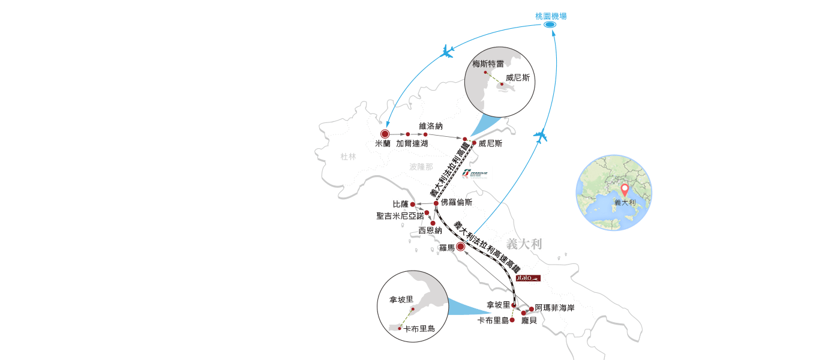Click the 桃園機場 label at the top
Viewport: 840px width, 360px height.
[x=551, y=16]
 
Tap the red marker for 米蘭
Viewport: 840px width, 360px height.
[x=385, y=134]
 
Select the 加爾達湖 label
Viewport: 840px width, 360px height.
[x=412, y=144]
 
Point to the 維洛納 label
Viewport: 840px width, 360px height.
[x=431, y=126]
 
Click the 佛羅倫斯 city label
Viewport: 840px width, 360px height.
[x=456, y=202]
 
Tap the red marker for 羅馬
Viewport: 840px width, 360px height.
[x=460, y=247]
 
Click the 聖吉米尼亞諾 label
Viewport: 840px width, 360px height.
[x=399, y=215]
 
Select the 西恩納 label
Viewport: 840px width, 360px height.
[x=430, y=230]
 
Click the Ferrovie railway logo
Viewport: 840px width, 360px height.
[x=477, y=173]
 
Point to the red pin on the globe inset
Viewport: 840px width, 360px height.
[x=625, y=190]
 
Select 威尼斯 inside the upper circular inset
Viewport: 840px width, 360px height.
[x=518, y=77]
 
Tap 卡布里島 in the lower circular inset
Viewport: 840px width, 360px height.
[x=419, y=328]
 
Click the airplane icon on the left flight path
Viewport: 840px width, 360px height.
[x=447, y=52]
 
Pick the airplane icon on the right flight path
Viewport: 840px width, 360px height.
[x=541, y=136]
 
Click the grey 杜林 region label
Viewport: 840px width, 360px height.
[x=348, y=157]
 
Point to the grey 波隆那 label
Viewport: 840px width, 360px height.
[x=421, y=167]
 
